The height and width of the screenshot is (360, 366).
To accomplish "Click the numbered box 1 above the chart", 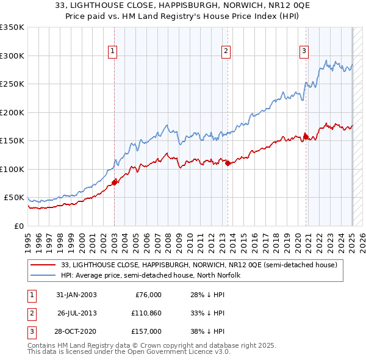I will click(113, 51).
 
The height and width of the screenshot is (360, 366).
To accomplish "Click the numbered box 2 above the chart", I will click(226, 51).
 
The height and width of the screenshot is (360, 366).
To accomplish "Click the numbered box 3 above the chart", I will click(303, 51).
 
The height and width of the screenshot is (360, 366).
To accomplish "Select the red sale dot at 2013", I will click(227, 163).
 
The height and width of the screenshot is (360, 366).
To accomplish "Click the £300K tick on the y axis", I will click(12, 56).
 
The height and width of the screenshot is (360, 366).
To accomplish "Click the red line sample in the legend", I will click(42, 265).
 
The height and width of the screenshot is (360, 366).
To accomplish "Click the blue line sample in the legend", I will click(42, 275).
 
